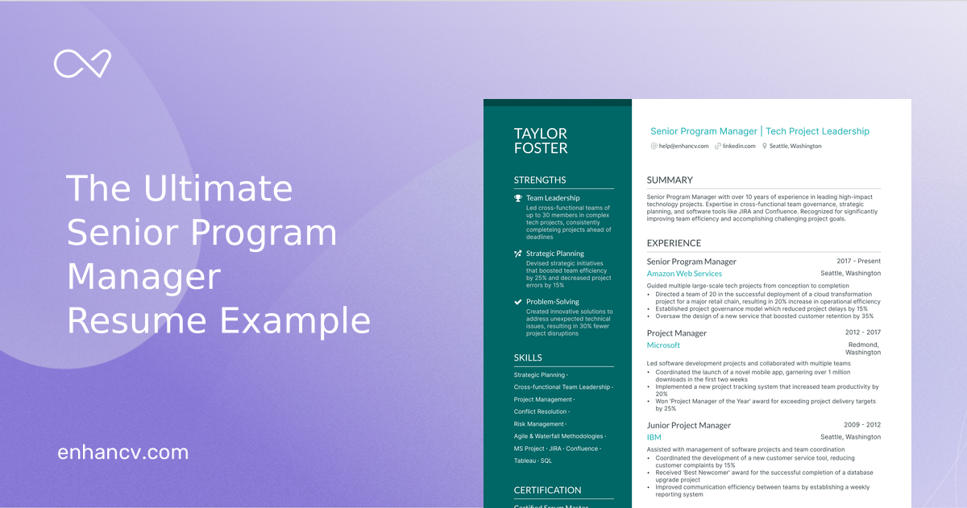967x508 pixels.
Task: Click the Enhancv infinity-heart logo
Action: pos(82,64)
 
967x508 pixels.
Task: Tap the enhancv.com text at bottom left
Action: pos(123,452)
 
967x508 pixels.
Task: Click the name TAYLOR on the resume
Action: pos(541,134)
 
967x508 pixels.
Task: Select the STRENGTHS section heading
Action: pos(540,180)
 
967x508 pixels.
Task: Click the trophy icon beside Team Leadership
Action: pos(518,198)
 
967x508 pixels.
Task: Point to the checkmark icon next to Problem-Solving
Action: pos(518,302)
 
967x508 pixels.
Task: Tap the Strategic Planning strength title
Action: pos(555,254)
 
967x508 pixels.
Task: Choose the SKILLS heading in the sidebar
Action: pos(528,357)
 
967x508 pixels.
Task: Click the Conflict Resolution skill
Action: pos(541,411)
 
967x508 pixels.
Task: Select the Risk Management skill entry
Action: pos(539,423)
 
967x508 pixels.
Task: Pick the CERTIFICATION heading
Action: pos(547,490)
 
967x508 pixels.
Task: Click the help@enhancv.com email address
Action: pos(683,147)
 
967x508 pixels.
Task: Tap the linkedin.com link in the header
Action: pos(739,147)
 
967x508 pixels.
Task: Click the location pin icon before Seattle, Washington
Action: pos(765,147)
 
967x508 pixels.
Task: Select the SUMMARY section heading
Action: pos(670,180)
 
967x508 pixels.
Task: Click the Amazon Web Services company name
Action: pos(684,274)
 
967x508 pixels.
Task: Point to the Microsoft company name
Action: pos(663,345)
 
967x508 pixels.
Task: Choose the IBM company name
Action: pos(654,437)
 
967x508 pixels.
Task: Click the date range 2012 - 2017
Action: pos(862,332)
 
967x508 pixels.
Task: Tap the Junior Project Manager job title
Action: pos(689,425)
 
